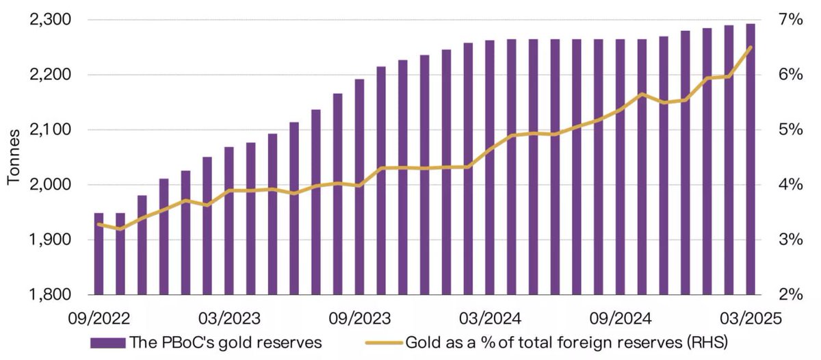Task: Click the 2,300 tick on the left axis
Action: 49,20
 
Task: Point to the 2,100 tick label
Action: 49,130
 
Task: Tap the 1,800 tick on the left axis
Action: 49,295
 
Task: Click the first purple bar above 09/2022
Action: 99,254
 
